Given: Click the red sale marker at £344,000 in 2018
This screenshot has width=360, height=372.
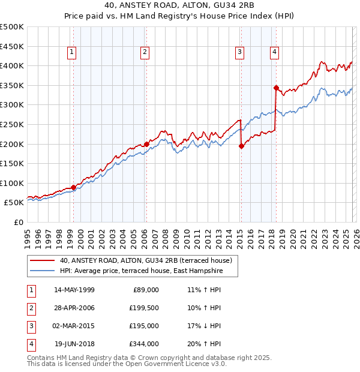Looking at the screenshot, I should pos(276,88).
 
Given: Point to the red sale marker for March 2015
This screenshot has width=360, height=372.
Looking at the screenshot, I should pos(241,146).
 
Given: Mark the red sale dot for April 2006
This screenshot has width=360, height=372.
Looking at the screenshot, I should pos(147,144).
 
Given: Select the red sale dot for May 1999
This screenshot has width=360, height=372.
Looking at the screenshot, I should pos(74,187).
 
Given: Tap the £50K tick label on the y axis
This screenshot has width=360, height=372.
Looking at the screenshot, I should pos(14,203).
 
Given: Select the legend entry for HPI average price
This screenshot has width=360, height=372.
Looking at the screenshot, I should pos(141,271).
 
